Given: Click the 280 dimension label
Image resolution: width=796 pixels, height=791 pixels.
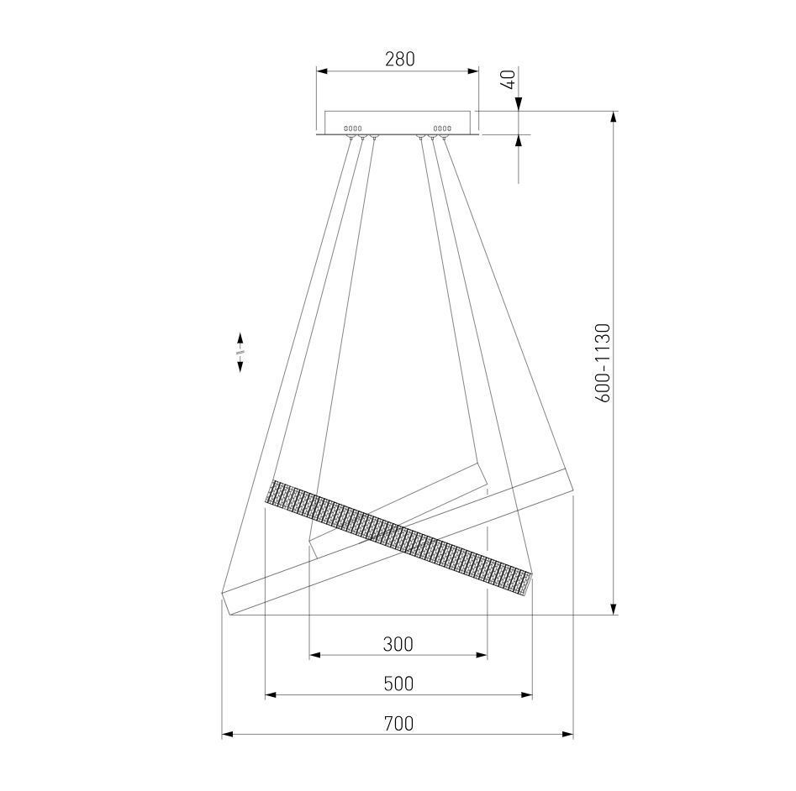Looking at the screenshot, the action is pyautogui.click(x=399, y=60).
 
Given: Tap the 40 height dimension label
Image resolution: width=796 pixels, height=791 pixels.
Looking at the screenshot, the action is pyautogui.click(x=509, y=80).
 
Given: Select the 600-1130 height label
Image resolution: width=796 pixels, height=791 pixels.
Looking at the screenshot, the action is pyautogui.click(x=603, y=363).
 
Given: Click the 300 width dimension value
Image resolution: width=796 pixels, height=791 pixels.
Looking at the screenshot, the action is pyautogui.click(x=398, y=644).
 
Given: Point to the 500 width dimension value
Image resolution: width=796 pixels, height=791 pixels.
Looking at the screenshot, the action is pyautogui.click(x=398, y=684).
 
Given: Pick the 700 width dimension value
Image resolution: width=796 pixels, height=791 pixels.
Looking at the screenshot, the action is pyautogui.click(x=398, y=723).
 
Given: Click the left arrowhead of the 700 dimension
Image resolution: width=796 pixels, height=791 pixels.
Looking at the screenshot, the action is pyautogui.click(x=228, y=734).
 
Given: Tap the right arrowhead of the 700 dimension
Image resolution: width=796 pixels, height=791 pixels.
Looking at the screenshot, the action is pyautogui.click(x=567, y=734).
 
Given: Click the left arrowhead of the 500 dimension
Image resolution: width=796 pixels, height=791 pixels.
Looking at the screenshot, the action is pyautogui.click(x=271, y=694).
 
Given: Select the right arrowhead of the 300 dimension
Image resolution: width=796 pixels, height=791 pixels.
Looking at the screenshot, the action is pyautogui.click(x=482, y=655).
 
